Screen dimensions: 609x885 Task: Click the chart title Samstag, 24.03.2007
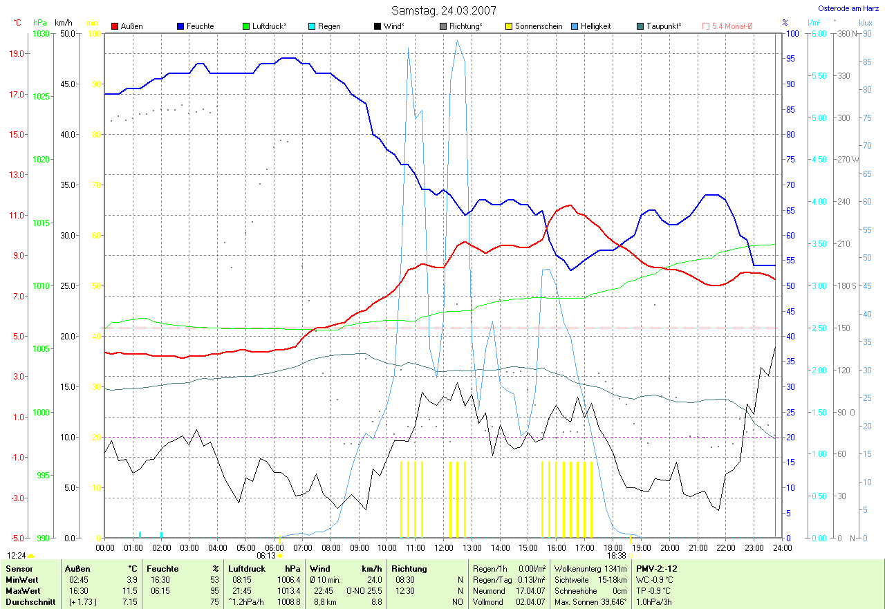(442, 10)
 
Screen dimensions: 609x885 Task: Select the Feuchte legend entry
(200, 26)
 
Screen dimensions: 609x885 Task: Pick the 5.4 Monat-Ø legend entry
(732, 26)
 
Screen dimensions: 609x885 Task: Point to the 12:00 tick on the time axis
(443, 548)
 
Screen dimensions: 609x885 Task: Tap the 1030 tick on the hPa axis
(41, 33)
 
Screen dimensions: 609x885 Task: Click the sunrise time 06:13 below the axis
(266, 555)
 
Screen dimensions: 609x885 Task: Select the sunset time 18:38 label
(617, 555)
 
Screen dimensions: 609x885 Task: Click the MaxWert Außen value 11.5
(131, 591)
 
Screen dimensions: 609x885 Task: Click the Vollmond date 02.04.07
(531, 602)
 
